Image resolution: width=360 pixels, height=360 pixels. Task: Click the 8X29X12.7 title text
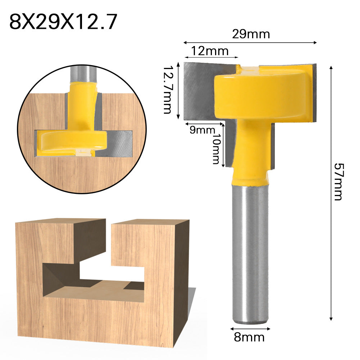click(x=63, y=22)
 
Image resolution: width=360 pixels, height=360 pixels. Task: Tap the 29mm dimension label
click(x=251, y=35)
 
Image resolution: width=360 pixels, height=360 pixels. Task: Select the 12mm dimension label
click(x=209, y=51)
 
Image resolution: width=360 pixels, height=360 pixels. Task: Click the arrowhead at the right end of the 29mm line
click(x=315, y=42)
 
